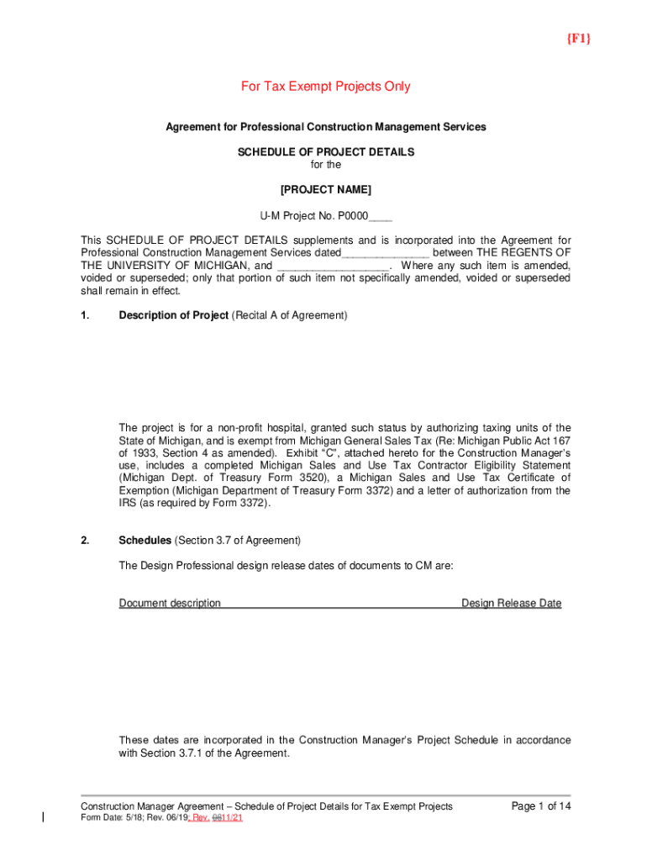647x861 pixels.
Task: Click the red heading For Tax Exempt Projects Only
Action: (x=325, y=87)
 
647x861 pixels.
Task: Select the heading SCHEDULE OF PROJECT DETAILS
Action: (x=326, y=152)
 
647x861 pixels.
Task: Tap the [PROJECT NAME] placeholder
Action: (x=325, y=189)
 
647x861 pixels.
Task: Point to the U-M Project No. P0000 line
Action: (x=325, y=215)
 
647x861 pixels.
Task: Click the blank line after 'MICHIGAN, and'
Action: (x=332, y=266)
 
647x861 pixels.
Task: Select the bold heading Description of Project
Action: (x=173, y=315)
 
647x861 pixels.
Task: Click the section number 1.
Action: (x=85, y=315)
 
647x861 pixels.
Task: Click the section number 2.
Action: (x=85, y=541)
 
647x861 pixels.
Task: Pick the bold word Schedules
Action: (x=145, y=541)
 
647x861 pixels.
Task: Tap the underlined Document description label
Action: (x=170, y=603)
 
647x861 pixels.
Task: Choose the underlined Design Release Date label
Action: (x=512, y=603)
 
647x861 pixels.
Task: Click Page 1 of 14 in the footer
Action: (x=541, y=806)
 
